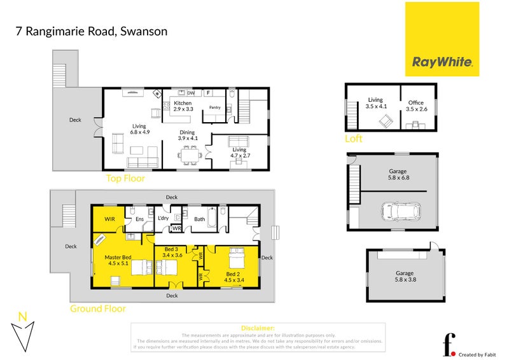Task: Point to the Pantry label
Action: coord(214,107)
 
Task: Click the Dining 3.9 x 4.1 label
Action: coord(188,135)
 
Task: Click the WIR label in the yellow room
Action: coord(109,219)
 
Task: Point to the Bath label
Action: coord(199,219)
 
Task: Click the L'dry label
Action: coord(163,219)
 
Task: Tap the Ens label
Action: coord(138,220)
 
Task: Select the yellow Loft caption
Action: coord(353,138)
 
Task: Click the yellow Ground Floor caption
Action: coord(98,308)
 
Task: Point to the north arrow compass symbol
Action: coord(23,331)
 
